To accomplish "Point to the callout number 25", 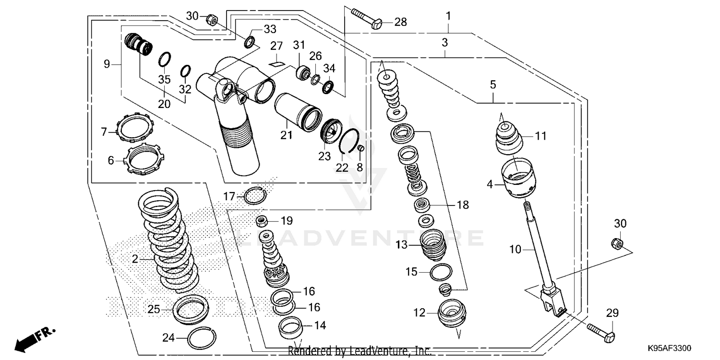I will pos(154,310).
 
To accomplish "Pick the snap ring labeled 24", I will pos(202,339).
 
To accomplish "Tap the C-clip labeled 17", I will pos(255,195).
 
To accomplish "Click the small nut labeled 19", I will pos(263,221).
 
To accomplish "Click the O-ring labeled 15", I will pos(441,272).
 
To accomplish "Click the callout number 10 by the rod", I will pos(515,250).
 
